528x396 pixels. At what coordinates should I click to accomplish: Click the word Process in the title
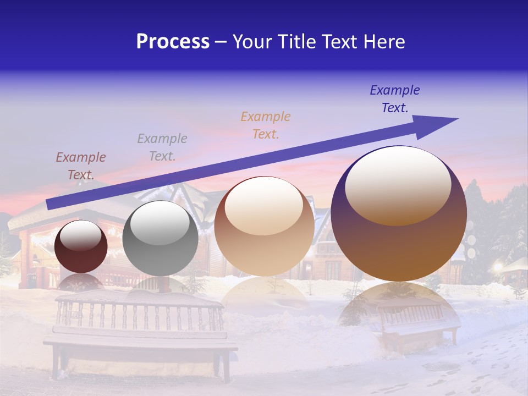click(173, 42)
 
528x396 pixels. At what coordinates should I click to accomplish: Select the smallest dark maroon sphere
click(81, 246)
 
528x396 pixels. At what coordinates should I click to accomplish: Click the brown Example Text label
click(81, 166)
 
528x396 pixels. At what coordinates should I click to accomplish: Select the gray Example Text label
click(162, 147)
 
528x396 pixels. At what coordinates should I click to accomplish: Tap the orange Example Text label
click(266, 125)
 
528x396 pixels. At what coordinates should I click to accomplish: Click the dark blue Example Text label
click(395, 99)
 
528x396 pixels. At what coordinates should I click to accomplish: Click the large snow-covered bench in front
click(140, 335)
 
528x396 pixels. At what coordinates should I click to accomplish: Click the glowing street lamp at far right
click(498, 267)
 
